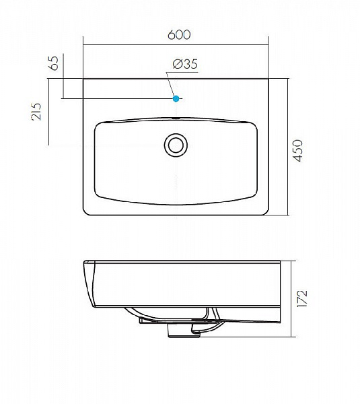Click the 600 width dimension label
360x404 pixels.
(179, 35)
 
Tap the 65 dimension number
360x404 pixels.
(54, 63)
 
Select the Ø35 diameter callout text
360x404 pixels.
(185, 64)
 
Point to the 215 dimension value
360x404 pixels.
(36, 112)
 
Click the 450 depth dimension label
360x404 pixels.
(298, 151)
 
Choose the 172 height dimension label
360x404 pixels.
(302, 298)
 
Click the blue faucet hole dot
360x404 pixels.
(176, 98)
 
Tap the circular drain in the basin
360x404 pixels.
(176, 145)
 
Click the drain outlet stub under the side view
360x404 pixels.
(184, 331)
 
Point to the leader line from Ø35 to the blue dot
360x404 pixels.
(171, 84)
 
